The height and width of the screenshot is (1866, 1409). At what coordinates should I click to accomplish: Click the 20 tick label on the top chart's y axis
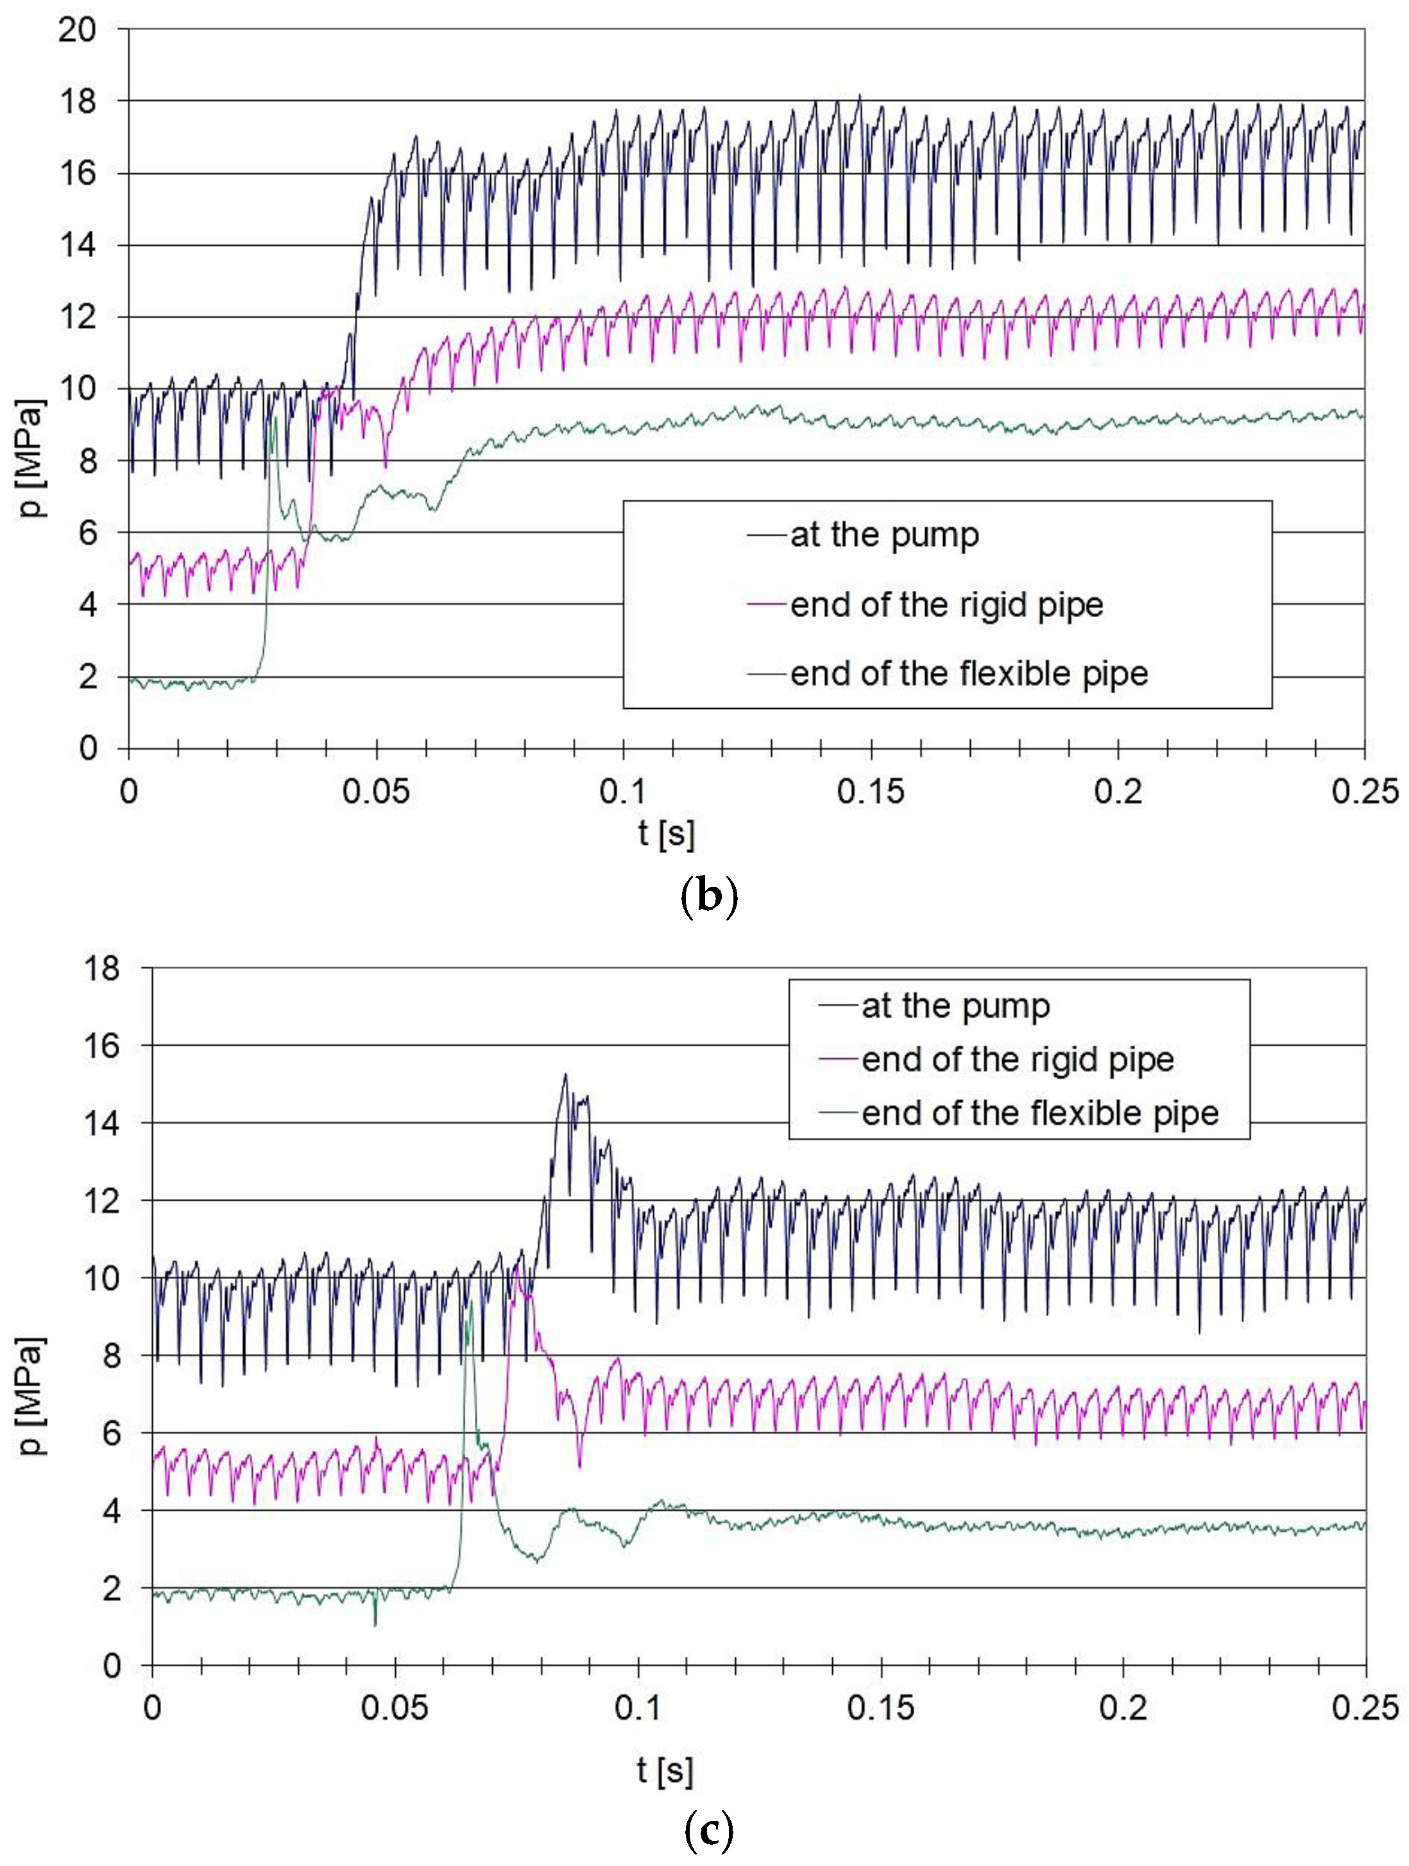[77, 30]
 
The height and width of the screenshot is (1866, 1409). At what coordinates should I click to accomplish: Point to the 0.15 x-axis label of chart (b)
[871, 792]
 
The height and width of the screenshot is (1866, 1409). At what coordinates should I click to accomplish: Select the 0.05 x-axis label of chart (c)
[394, 1708]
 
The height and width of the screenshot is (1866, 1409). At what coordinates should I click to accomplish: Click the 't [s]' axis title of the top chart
[667, 833]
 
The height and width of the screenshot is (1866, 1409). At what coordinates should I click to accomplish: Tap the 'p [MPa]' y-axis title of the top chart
[32, 457]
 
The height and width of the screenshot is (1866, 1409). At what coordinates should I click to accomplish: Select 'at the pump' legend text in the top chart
[884, 535]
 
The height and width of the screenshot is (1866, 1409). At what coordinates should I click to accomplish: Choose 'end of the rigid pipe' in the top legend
[946, 605]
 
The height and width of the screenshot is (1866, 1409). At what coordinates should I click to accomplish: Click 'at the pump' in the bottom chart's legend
[955, 1006]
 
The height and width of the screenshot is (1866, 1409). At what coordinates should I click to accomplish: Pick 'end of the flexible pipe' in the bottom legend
[1039, 1113]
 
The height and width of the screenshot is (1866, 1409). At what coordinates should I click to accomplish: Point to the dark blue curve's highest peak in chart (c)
[565, 1074]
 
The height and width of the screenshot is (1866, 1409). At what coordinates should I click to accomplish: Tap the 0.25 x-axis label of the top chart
[1364, 792]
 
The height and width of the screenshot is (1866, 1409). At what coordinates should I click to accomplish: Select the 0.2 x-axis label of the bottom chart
[1123, 1708]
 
